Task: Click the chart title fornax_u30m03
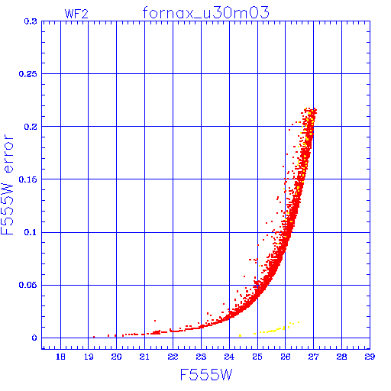point(205,13)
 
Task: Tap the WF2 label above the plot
point(76,14)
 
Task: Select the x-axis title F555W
point(206,375)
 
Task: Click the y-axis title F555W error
point(7,185)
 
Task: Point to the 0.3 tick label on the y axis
point(31,21)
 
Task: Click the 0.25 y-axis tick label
point(28,74)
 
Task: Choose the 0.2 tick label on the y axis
point(31,127)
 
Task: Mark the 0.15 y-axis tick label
point(28,179)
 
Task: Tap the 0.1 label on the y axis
point(31,232)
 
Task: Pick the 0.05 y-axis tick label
point(28,285)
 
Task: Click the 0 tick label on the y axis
point(34,338)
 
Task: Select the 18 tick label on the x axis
point(60,357)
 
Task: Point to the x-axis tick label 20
point(116,357)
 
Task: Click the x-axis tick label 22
point(173,357)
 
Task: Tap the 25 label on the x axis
point(257,357)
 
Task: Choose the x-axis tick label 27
point(313,357)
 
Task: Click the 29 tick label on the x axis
point(370,357)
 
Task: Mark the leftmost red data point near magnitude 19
point(94,337)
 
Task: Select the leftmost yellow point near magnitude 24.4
point(240,336)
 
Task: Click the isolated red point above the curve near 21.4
point(155,321)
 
